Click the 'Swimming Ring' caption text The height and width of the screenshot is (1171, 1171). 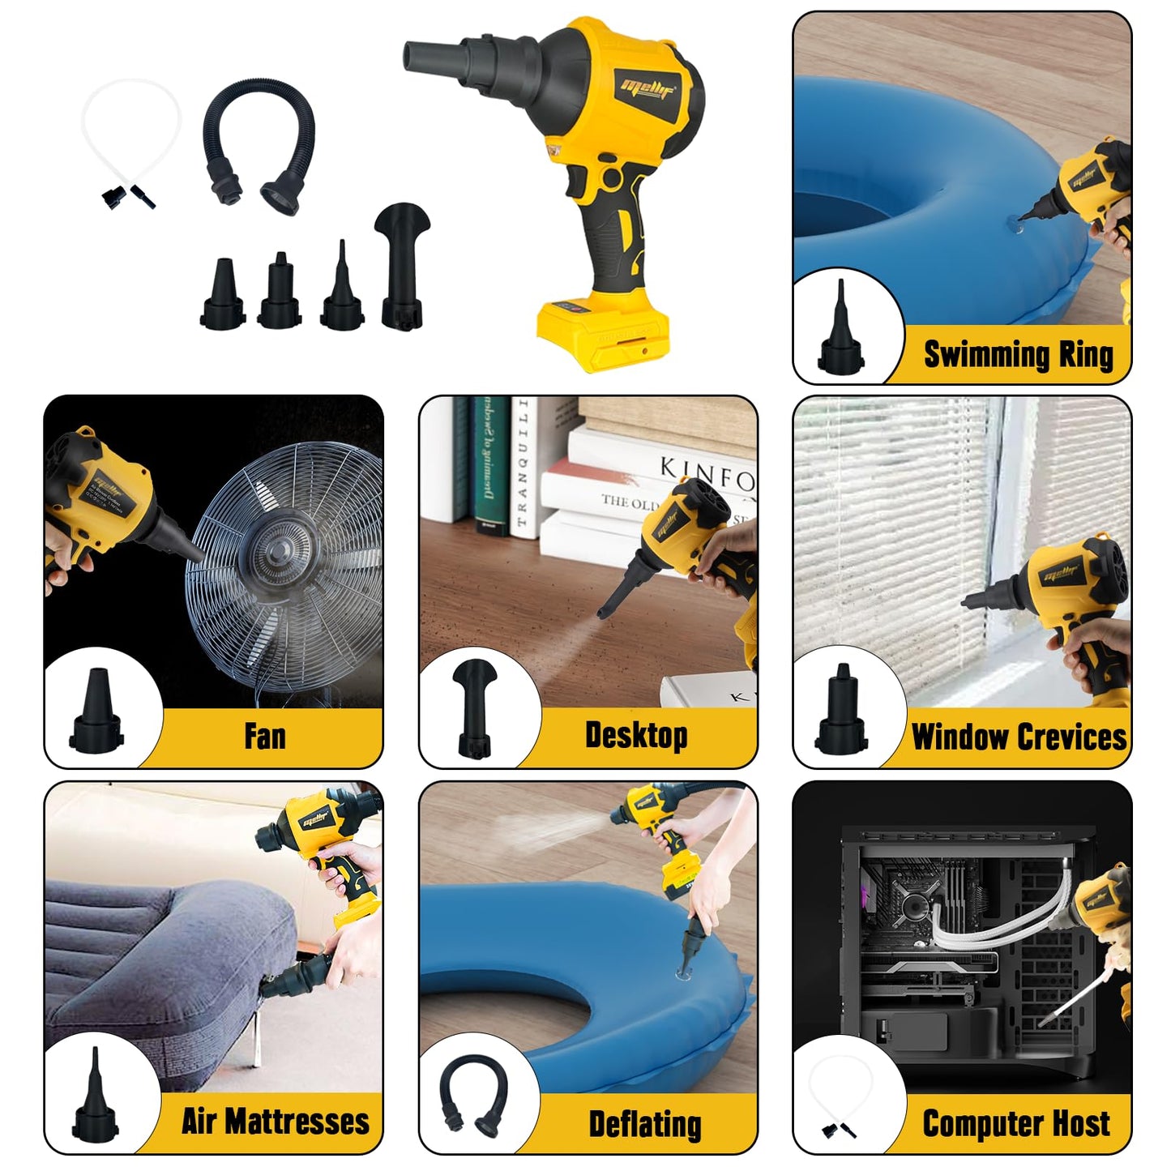1018,355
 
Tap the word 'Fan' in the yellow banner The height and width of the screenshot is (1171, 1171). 265,737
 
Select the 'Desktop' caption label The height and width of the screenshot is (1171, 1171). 636,736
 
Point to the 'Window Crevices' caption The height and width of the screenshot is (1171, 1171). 1019,737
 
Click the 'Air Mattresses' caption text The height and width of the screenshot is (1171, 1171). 275,1122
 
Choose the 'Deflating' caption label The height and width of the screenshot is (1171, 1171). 645,1124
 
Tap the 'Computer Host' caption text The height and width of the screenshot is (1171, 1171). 1016,1123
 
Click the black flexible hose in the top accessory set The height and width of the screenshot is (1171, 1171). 259,146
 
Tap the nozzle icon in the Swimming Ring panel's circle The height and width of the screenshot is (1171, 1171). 841,332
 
